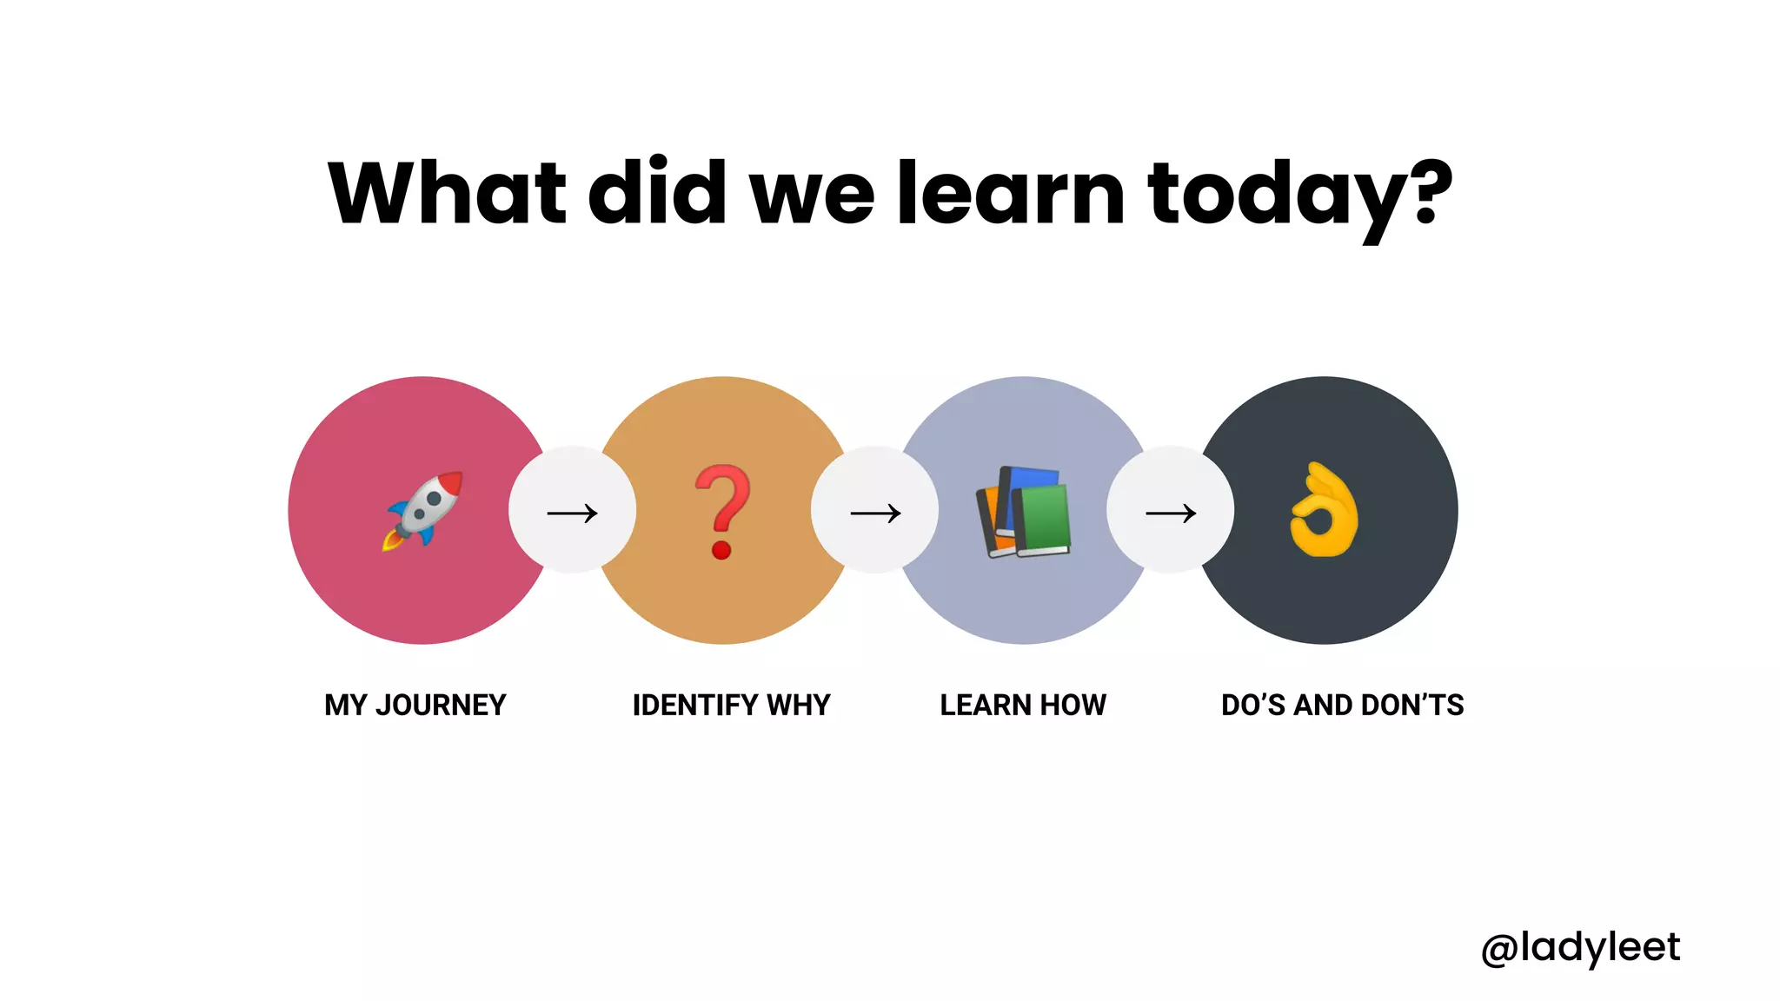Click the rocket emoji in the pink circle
click(x=423, y=511)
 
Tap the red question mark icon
click(x=722, y=511)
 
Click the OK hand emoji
click(x=1324, y=510)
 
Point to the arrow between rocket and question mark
click(x=572, y=513)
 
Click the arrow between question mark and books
click(x=875, y=513)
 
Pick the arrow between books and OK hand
click(x=1171, y=513)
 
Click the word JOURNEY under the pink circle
click(x=441, y=705)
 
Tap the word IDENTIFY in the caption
click(x=695, y=705)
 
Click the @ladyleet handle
click(x=1580, y=947)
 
